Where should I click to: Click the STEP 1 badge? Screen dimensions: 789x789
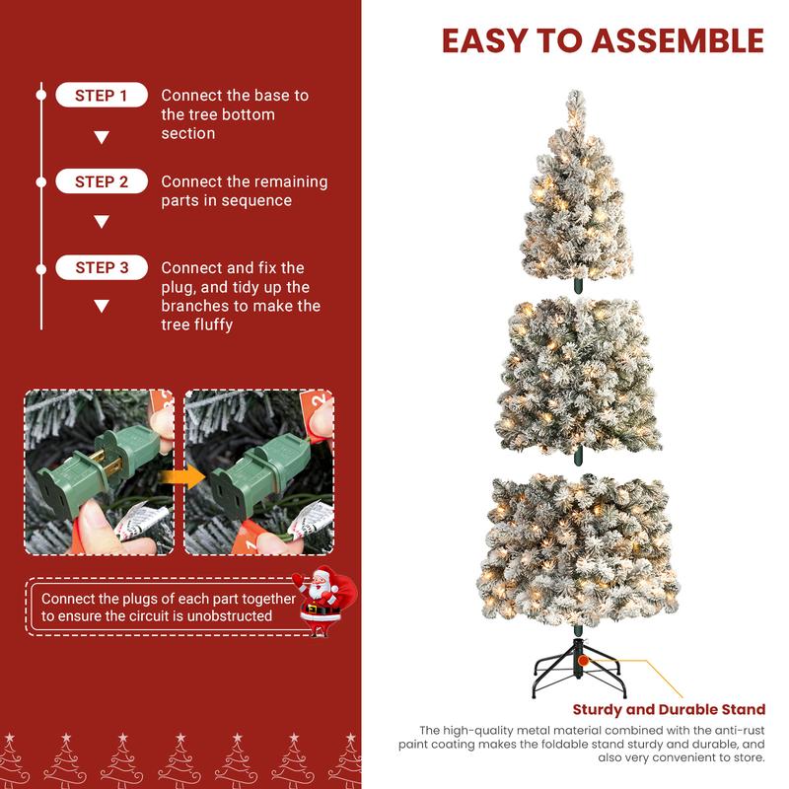(x=102, y=96)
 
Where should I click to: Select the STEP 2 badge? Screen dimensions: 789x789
(x=102, y=181)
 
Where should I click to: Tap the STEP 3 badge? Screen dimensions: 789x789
(x=102, y=267)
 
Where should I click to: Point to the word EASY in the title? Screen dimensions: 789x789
(x=481, y=40)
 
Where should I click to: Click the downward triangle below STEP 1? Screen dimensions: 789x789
(x=101, y=137)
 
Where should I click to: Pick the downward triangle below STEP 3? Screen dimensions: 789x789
(x=101, y=307)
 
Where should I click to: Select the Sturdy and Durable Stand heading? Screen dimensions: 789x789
(x=669, y=709)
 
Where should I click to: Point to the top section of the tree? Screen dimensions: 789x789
(x=576, y=192)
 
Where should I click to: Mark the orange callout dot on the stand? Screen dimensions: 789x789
(x=585, y=658)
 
